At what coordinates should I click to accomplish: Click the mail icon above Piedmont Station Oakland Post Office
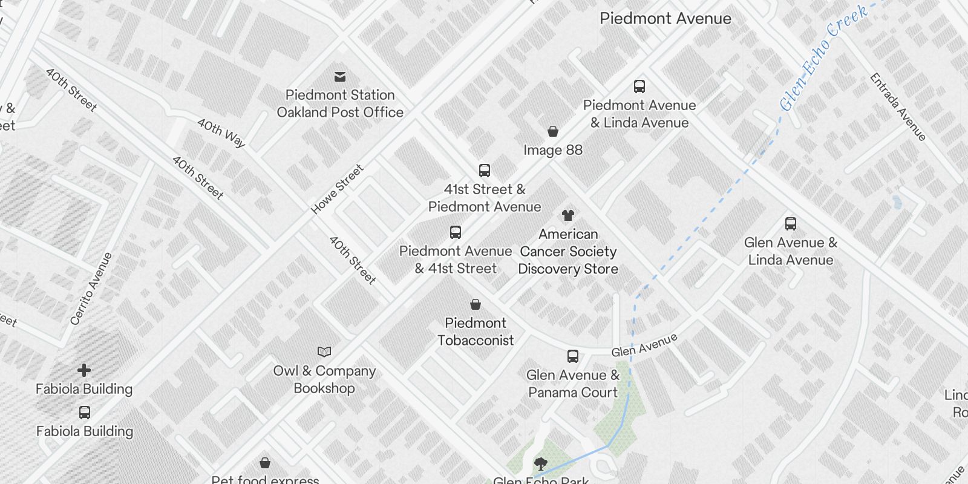340,77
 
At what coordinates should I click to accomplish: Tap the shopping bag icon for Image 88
552,131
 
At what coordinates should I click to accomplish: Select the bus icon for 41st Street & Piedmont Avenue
484,171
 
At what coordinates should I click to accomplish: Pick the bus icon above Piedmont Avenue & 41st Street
456,232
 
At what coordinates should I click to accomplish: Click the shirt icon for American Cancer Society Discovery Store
567,215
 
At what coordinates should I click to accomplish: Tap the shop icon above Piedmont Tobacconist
476,304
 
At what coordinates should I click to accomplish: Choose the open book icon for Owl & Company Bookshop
324,352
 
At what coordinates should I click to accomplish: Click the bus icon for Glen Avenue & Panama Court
572,356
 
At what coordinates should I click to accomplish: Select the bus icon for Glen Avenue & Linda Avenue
790,224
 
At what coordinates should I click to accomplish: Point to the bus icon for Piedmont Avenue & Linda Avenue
639,87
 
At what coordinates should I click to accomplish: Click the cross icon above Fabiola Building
84,370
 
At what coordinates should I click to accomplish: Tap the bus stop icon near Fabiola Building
85,413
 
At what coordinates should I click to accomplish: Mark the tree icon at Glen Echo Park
541,464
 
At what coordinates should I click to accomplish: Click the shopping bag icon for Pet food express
265,463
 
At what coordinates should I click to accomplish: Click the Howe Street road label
337,189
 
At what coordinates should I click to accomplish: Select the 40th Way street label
221,133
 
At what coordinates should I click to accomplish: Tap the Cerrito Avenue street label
91,289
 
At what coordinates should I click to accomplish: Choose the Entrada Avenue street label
898,106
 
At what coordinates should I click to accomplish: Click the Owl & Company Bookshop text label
324,379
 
